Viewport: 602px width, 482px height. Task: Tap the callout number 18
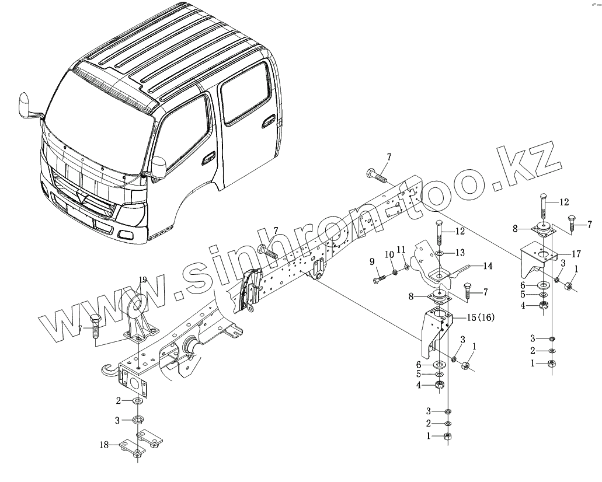click(103, 445)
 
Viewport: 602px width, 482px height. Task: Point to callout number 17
click(575, 254)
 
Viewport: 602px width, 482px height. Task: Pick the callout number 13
click(460, 252)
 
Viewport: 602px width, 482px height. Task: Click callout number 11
click(401, 249)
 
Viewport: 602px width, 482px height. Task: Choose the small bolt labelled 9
click(380, 279)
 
